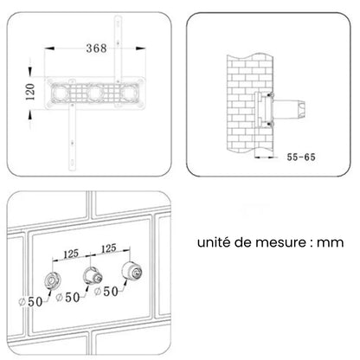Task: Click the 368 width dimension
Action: pos(97,48)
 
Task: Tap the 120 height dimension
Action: pos(30,92)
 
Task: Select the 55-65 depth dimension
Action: pos(301,157)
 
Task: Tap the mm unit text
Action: pos(331,243)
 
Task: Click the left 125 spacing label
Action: pos(71,254)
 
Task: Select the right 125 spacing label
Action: pos(109,248)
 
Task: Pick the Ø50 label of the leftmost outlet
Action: pos(30,302)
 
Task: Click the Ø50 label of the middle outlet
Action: pos(67,297)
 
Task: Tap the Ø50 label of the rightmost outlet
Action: pos(106,292)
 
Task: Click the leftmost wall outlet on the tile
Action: pos(53,280)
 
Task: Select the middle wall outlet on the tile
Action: pos(93,275)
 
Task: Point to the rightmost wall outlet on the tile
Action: pos(132,270)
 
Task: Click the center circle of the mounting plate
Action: pos(94,93)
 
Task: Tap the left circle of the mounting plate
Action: pos(61,93)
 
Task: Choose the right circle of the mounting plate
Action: pos(128,93)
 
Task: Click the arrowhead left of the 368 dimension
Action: pos(49,48)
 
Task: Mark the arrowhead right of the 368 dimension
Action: pos(141,48)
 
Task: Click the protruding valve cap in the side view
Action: pos(301,108)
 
